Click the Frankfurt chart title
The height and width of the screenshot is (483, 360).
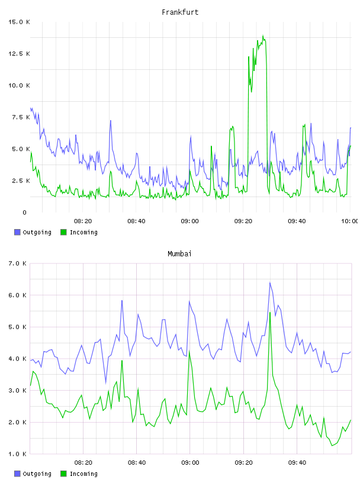click(180, 12)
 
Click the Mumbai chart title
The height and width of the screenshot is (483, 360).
click(179, 254)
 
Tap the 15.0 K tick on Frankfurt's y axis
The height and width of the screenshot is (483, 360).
click(19, 22)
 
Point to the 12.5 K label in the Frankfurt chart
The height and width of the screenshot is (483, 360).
click(19, 54)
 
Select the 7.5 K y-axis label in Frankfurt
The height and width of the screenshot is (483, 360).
click(21, 117)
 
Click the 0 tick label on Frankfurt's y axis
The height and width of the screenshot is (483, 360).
click(25, 212)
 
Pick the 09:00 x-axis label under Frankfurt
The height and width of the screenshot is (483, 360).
click(190, 221)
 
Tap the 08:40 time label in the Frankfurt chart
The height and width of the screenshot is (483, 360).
click(136, 221)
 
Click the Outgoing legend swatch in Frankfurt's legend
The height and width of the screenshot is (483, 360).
click(17, 232)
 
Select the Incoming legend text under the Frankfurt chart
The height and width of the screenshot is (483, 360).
click(83, 232)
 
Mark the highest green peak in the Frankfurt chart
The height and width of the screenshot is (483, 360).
click(263, 36)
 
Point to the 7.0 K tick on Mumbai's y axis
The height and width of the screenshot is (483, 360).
click(17, 263)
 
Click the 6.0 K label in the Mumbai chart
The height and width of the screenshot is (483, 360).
click(17, 295)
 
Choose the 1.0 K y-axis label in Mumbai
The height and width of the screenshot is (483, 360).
click(17, 454)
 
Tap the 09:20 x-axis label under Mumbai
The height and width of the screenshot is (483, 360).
click(243, 462)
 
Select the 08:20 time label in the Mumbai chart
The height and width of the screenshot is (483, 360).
click(83, 462)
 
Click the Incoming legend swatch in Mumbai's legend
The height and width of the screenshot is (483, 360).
click(63, 474)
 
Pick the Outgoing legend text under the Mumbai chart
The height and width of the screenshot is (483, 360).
click(37, 474)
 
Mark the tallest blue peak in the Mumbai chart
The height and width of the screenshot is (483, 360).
click(270, 282)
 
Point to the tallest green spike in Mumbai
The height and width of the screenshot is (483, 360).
click(270, 313)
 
